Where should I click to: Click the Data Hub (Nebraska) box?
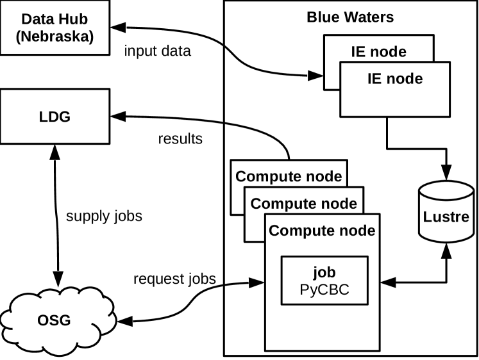55,26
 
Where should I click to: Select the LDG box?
55,116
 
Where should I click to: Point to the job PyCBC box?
323,281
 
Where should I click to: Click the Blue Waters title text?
349,17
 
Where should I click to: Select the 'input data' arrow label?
158,52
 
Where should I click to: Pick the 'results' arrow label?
180,138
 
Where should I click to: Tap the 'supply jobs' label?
105,217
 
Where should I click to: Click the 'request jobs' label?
174,279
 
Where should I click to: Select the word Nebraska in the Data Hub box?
55,37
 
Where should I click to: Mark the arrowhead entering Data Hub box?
116,28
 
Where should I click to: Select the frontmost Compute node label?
322,229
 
